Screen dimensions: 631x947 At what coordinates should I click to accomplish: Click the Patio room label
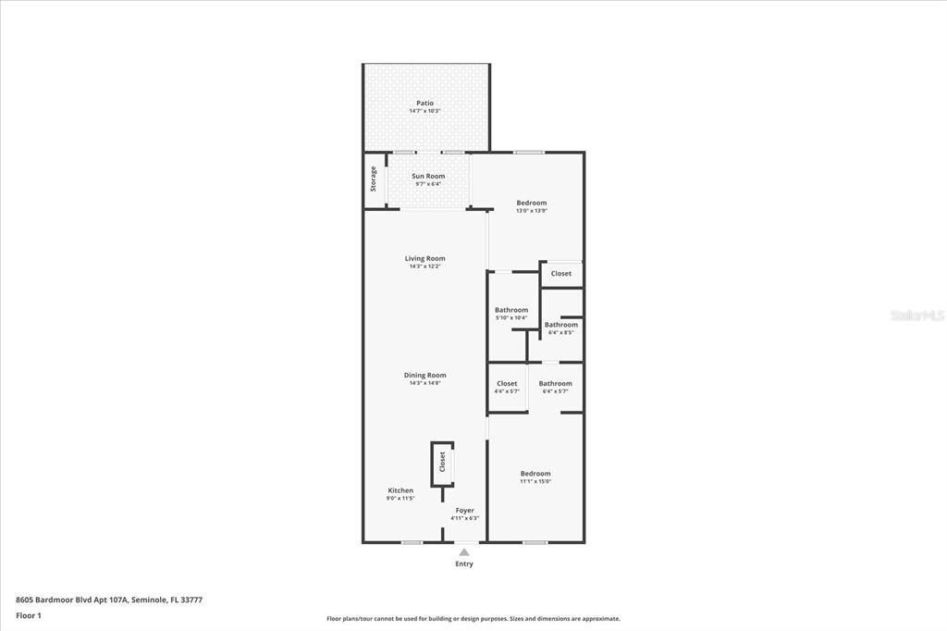click(424, 104)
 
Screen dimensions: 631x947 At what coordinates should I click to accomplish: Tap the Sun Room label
click(428, 176)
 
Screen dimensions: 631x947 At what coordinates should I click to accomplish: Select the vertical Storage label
click(374, 179)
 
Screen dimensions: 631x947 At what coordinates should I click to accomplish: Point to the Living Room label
click(424, 259)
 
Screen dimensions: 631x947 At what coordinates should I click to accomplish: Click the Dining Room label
click(424, 376)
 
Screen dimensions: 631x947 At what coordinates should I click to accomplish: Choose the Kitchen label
click(400, 490)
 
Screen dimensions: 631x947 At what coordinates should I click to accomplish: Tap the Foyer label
click(464, 511)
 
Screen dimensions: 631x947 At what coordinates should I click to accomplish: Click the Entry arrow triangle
click(464, 552)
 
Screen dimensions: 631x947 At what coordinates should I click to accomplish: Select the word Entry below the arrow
click(464, 564)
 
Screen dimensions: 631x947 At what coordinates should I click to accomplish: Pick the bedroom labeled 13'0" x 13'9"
click(532, 204)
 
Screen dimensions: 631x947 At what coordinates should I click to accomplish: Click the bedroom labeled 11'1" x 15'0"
click(535, 474)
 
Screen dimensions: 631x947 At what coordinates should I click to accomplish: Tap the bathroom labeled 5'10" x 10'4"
click(511, 310)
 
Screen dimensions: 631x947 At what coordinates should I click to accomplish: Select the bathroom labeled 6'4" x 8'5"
click(561, 325)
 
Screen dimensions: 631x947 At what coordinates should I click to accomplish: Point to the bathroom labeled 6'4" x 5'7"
click(556, 384)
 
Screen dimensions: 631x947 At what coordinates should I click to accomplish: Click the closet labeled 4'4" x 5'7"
click(507, 384)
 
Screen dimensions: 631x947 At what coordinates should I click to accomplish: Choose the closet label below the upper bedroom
click(561, 274)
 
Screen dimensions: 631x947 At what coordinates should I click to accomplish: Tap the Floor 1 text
click(29, 615)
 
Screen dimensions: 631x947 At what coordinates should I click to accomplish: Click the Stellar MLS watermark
click(917, 315)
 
